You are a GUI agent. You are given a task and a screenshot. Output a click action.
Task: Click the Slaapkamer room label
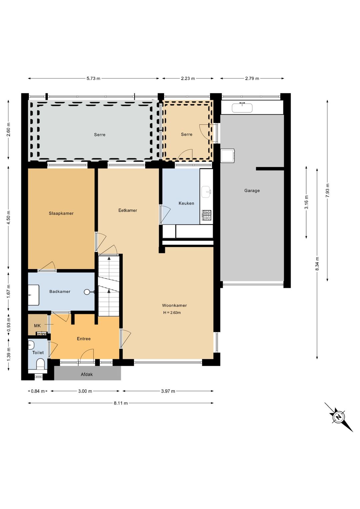(x=61, y=213)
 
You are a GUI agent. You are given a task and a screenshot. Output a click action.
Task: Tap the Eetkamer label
(x=128, y=210)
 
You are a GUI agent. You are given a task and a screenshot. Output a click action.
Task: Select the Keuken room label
(x=186, y=203)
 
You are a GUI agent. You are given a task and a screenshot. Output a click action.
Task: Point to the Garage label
(x=252, y=190)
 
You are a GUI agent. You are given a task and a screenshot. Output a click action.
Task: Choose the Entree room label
(x=84, y=339)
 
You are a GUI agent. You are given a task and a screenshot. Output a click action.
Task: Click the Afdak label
(x=87, y=374)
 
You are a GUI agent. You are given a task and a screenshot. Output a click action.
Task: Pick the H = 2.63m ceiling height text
(x=172, y=313)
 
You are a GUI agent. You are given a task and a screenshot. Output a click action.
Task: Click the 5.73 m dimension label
(x=93, y=78)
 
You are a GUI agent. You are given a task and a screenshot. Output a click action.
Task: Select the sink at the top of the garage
(x=242, y=107)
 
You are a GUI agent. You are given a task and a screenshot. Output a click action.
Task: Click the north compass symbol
(x=339, y=417)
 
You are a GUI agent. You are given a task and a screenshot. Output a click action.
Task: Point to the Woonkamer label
(x=174, y=305)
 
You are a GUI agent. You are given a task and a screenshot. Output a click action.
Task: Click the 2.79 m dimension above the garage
(x=252, y=78)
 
